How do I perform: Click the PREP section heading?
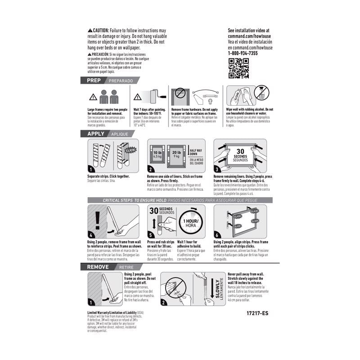(94, 81)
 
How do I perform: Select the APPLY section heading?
(95, 134)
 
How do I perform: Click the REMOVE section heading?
(98, 267)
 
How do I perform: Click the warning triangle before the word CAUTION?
(90, 30)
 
